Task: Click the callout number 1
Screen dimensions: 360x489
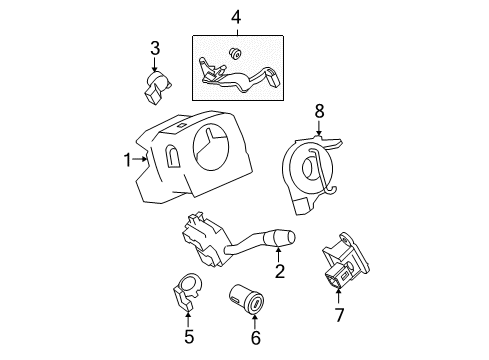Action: pos(128,158)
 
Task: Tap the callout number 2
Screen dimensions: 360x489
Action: pos(280,271)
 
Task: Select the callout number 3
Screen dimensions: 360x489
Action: pos(155,47)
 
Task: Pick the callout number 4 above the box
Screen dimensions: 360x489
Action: pos(235,17)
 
